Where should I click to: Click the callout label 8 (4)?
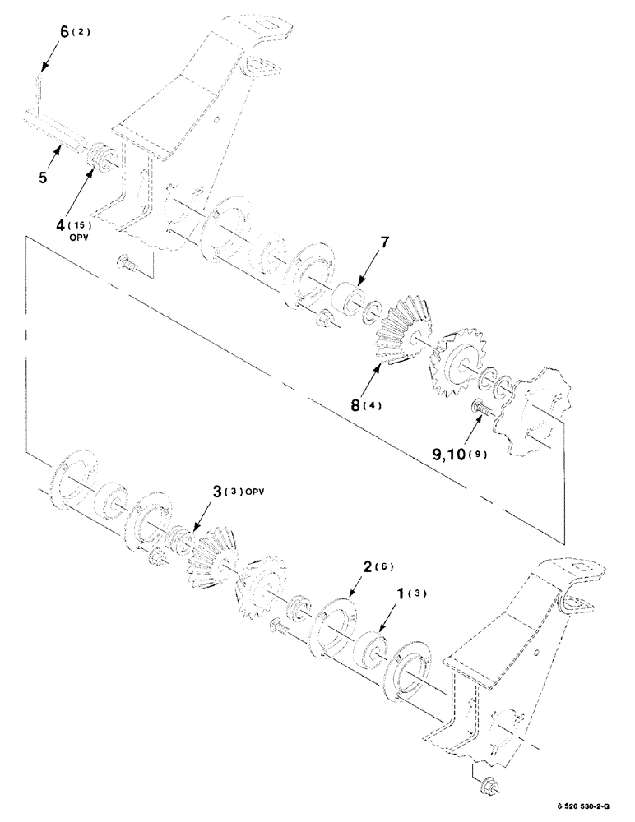[363, 404]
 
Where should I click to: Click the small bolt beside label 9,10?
[480, 408]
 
